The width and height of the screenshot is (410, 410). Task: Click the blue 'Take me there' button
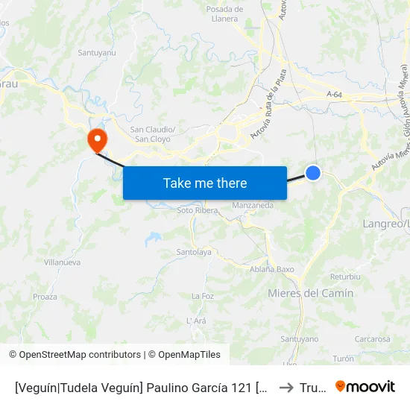point(205,183)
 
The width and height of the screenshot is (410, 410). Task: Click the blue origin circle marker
point(314,173)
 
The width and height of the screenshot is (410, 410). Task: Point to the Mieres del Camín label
point(310,293)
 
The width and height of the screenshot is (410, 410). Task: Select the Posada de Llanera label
point(222,13)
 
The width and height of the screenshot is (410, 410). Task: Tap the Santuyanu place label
point(97,53)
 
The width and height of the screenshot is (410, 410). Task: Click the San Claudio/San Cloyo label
point(153,133)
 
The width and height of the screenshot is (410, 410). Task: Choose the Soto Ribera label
point(198,210)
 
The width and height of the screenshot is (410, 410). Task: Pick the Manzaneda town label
point(253,205)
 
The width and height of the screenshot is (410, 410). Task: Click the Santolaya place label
point(194,252)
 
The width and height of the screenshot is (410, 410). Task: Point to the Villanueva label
point(62,262)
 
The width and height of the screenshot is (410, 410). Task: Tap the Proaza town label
point(45,297)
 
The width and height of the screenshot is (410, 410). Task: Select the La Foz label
point(203,296)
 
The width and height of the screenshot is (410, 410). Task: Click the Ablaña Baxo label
point(272,269)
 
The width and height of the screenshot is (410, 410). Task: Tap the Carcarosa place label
point(372,338)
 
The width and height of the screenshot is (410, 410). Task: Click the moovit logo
point(365,386)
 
